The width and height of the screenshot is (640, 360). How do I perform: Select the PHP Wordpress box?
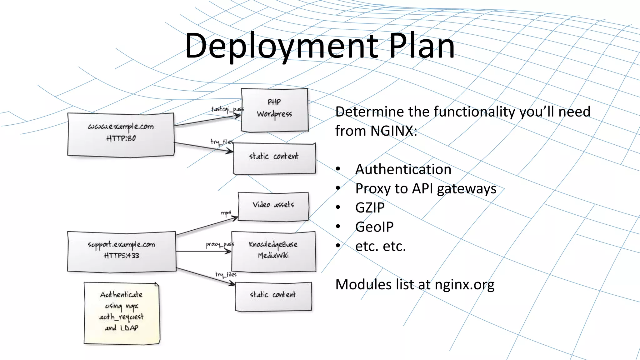(274, 110)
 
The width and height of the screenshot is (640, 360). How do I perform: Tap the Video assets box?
(273, 207)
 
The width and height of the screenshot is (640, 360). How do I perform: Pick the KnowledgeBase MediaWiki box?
(273, 251)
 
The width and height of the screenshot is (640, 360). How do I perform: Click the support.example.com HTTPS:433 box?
(122, 251)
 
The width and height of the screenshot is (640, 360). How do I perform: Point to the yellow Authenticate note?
(122, 312)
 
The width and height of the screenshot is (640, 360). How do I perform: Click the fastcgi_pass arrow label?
(227, 109)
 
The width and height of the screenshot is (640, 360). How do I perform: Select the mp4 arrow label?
(226, 213)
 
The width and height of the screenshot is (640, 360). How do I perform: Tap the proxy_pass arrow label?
(220, 244)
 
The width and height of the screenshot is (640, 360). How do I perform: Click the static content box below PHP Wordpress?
(274, 158)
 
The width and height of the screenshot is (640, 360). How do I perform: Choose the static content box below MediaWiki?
(273, 296)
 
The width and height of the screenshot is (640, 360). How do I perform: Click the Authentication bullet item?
(403, 169)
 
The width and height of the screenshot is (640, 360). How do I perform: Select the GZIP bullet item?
(370, 208)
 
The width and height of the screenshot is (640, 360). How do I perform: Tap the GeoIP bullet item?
(374, 227)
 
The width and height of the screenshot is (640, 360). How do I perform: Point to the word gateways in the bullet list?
(466, 189)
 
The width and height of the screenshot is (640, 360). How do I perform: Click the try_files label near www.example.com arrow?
(222, 142)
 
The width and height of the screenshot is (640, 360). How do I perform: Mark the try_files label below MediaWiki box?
(226, 274)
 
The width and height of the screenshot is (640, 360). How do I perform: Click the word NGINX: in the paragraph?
(393, 131)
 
